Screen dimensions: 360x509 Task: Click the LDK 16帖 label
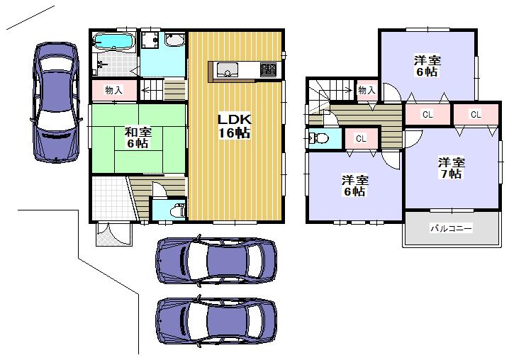(x=235, y=125)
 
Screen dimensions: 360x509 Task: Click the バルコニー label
(x=451, y=229)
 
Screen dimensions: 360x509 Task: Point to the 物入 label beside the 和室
(x=113, y=90)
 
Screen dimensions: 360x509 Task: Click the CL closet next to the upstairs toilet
(x=360, y=139)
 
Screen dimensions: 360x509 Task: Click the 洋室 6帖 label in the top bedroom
(x=425, y=66)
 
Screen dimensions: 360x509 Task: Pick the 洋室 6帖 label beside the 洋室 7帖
(x=354, y=186)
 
